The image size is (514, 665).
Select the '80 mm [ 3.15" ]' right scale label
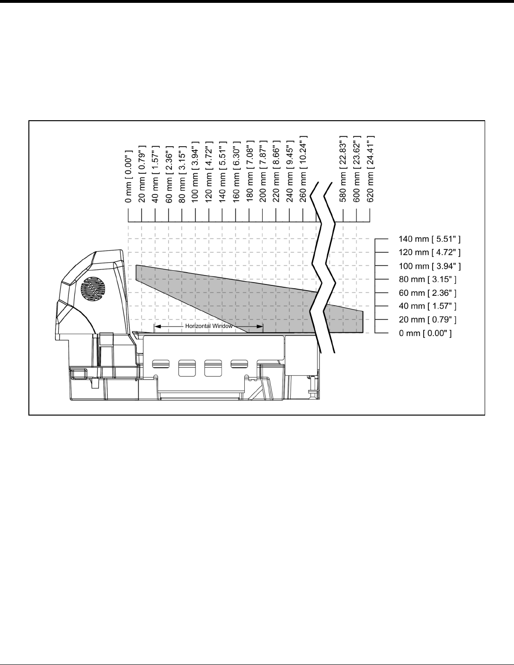(428, 280)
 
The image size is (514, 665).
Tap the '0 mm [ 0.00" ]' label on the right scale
(425, 334)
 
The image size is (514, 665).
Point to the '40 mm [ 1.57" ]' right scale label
(428, 306)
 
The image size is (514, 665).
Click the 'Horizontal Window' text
(209, 326)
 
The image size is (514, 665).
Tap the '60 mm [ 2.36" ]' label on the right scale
(428, 293)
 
